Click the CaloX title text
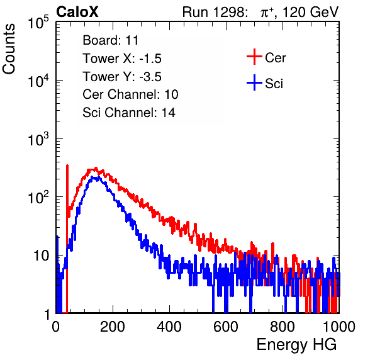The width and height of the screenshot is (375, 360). pyautogui.click(x=77, y=12)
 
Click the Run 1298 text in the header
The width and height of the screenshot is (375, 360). pyautogui.click(x=215, y=12)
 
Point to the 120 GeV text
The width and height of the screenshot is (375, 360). pyautogui.click(x=311, y=12)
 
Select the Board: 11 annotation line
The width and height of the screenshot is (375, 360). pyautogui.click(x=111, y=40)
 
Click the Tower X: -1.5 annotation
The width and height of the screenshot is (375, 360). pyautogui.click(x=122, y=59)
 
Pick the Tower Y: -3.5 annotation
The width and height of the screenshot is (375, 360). pyautogui.click(x=122, y=77)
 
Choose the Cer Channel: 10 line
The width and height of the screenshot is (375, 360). pyautogui.click(x=130, y=94)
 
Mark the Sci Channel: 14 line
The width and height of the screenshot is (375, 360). pyautogui.click(x=129, y=113)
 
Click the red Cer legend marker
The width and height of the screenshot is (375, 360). pyautogui.click(x=254, y=57)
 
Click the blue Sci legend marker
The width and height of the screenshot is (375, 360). pyautogui.click(x=254, y=83)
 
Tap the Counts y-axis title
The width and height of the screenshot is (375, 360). pyautogui.click(x=9, y=49)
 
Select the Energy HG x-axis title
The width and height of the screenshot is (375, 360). pyautogui.click(x=296, y=345)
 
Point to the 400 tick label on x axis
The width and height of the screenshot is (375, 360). pyautogui.click(x=169, y=327)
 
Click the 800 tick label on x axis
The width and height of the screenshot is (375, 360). pyautogui.click(x=283, y=327)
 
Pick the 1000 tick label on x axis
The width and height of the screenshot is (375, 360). pyautogui.click(x=339, y=327)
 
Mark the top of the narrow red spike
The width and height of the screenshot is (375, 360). pyautogui.click(x=67, y=166)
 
